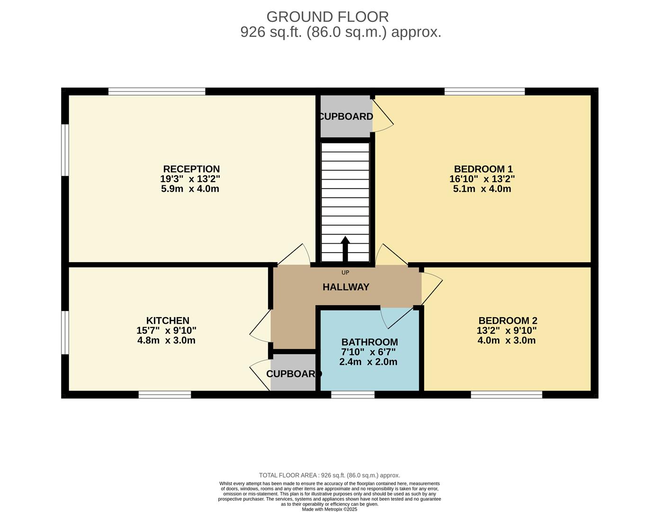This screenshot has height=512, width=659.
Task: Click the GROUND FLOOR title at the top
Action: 328,17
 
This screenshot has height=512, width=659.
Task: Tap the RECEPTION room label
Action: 191,169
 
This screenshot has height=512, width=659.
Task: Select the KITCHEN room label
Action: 168,321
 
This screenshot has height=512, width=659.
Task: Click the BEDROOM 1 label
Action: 483,169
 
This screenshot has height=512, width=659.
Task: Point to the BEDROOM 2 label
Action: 508,321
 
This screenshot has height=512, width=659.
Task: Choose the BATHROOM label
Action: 369,342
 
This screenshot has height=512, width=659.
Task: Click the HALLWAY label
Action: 346,287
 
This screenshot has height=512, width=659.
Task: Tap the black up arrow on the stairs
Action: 345,247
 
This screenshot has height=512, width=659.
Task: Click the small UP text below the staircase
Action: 345,273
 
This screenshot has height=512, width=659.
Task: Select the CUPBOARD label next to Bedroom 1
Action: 346,117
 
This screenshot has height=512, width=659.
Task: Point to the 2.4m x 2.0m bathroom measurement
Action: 368,362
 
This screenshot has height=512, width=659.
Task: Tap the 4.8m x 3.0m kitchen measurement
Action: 166,340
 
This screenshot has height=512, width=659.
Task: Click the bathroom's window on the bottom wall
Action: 353,394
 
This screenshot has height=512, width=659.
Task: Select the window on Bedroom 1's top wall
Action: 484,91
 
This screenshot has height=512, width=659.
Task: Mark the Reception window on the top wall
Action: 157,91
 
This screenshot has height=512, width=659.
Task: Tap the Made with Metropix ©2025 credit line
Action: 329,509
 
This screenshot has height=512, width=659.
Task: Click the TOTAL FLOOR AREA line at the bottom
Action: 329,475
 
